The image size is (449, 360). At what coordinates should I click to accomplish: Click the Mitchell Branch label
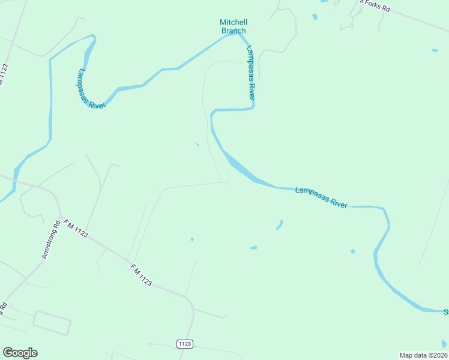point(234,26)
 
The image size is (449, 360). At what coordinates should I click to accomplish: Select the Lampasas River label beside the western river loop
point(91,89)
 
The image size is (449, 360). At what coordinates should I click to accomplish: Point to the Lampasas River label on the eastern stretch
point(321,197)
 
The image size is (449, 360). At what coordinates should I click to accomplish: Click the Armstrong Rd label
point(50,240)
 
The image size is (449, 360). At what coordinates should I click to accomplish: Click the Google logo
point(20,353)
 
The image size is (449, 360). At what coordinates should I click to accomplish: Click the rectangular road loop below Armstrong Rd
point(52,322)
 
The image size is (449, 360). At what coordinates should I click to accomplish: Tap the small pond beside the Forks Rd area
point(315,17)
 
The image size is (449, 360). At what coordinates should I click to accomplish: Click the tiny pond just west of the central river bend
point(197,144)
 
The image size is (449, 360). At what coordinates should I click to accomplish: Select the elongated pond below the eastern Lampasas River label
point(279,224)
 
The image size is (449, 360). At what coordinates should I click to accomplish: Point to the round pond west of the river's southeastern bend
point(352,251)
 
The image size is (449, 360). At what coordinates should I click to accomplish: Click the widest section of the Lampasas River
point(243,170)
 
